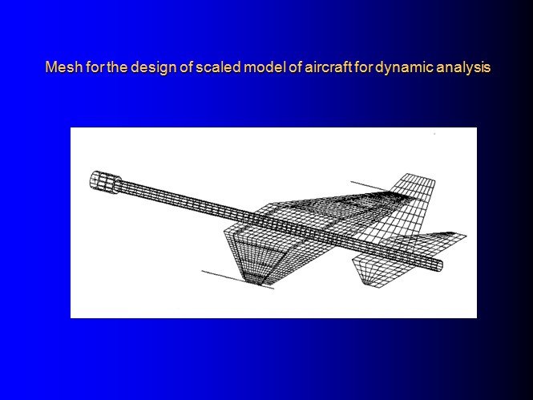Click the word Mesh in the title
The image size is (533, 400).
tap(63, 67)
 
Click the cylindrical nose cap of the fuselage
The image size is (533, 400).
tap(105, 182)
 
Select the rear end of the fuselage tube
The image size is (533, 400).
tap(438, 265)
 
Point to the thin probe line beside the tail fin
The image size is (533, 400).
tap(369, 186)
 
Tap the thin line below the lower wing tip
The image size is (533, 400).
tap(237, 280)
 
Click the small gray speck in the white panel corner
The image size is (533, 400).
tap(434, 134)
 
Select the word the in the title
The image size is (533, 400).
tap(117, 67)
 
